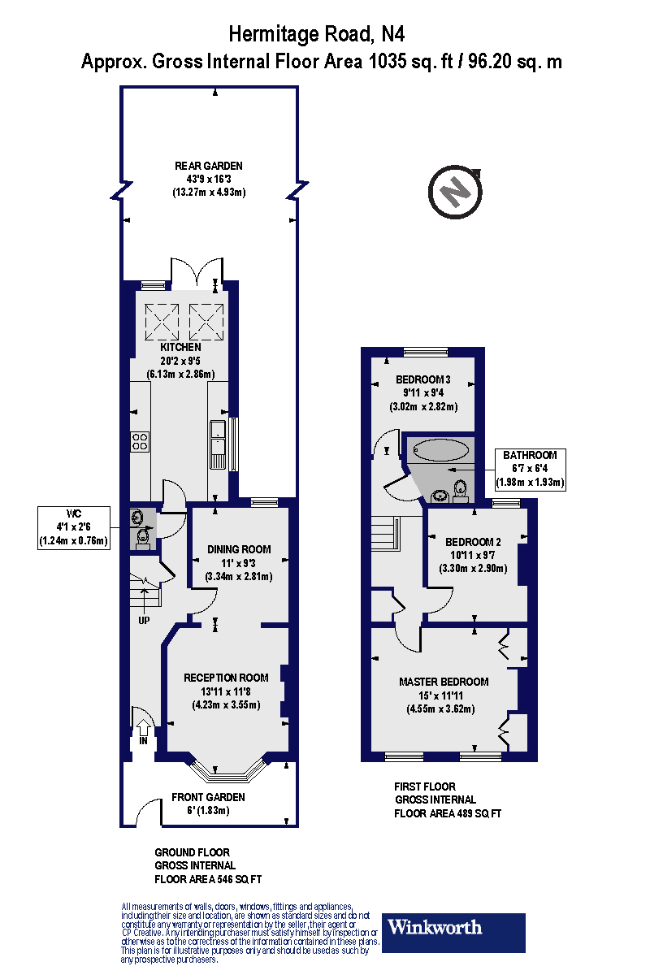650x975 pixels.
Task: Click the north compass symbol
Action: tap(454, 193)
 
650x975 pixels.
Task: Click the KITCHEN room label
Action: tap(180, 347)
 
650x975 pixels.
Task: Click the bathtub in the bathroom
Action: tap(441, 449)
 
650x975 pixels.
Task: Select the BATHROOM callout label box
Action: tap(530, 469)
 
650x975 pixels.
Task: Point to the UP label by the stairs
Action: tap(144, 622)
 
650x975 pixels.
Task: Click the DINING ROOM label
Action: tap(239, 549)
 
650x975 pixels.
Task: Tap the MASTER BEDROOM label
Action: tap(444, 682)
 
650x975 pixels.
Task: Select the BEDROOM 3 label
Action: tap(423, 379)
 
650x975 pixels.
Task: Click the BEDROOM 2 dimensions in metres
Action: tap(473, 568)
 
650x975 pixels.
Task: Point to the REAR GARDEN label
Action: tap(209, 166)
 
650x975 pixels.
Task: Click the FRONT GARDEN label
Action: tap(208, 797)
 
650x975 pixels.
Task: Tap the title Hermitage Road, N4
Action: tap(317, 34)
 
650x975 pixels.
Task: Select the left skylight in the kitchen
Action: tap(161, 321)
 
